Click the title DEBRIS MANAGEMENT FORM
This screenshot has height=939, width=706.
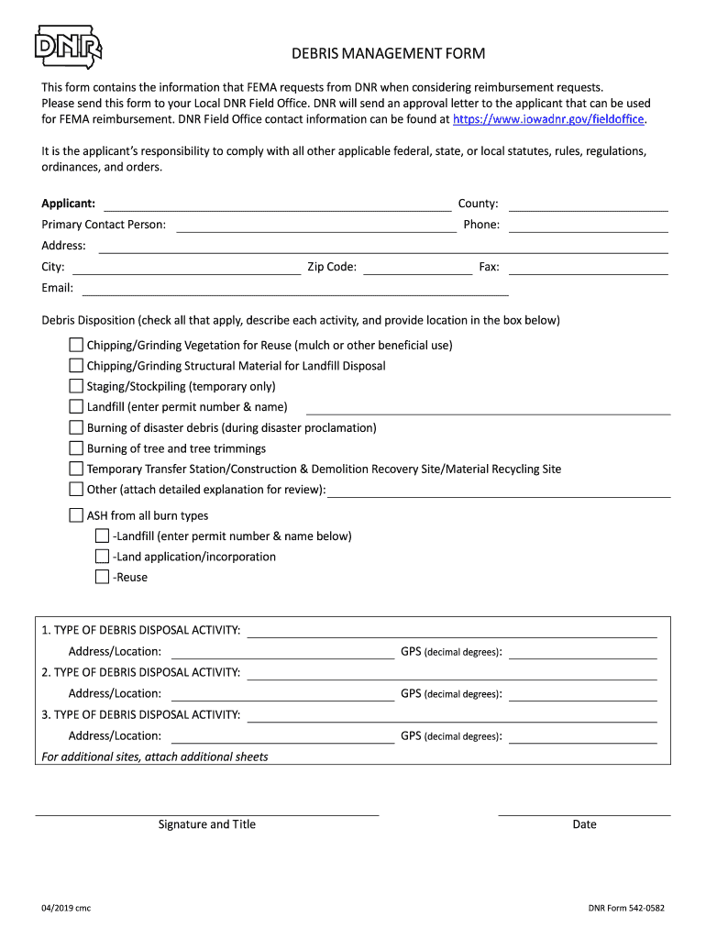(388, 54)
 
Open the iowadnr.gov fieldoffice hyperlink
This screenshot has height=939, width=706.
(549, 119)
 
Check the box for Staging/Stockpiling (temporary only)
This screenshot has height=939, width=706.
(76, 386)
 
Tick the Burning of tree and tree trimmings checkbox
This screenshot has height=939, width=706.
(76, 448)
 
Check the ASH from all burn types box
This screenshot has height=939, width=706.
(76, 515)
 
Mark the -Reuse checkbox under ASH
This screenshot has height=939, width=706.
(102, 577)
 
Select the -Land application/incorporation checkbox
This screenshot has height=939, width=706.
(102, 557)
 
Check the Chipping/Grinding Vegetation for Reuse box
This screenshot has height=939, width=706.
(76, 345)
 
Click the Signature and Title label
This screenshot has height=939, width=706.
(207, 824)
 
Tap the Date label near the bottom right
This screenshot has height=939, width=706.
(584, 824)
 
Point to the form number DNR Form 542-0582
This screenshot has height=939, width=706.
(626, 909)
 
